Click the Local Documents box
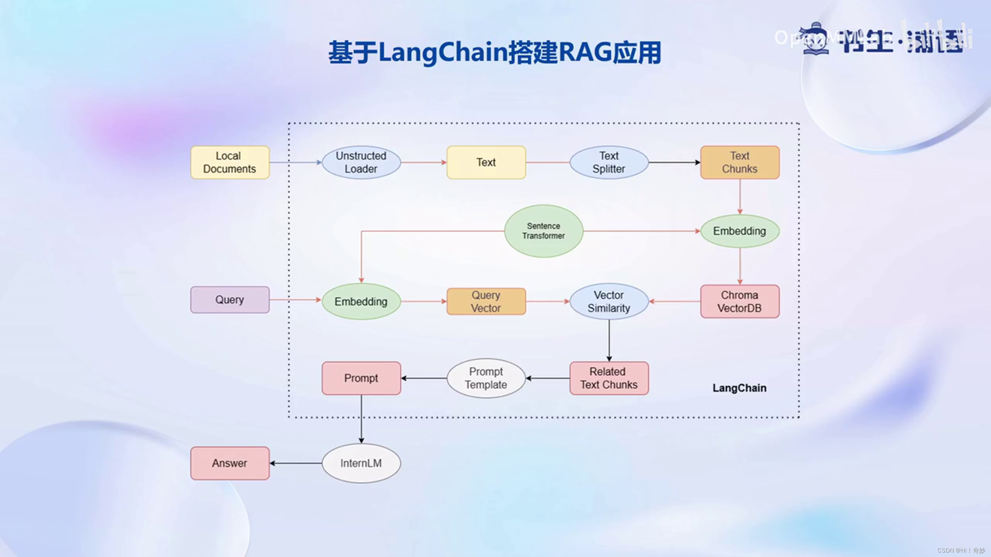230,162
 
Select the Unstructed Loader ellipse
361,162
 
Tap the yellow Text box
486,162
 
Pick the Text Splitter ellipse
609,162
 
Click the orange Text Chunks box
739,162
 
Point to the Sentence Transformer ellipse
543,231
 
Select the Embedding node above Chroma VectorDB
739,231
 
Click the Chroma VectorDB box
739,302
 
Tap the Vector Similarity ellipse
609,302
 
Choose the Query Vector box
486,302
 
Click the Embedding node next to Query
361,302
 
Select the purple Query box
230,299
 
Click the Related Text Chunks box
609,378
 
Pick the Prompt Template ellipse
486,378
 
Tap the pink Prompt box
361,378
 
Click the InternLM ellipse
361,463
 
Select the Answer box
230,463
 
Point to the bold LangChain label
739,388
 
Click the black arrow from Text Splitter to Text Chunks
674,162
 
